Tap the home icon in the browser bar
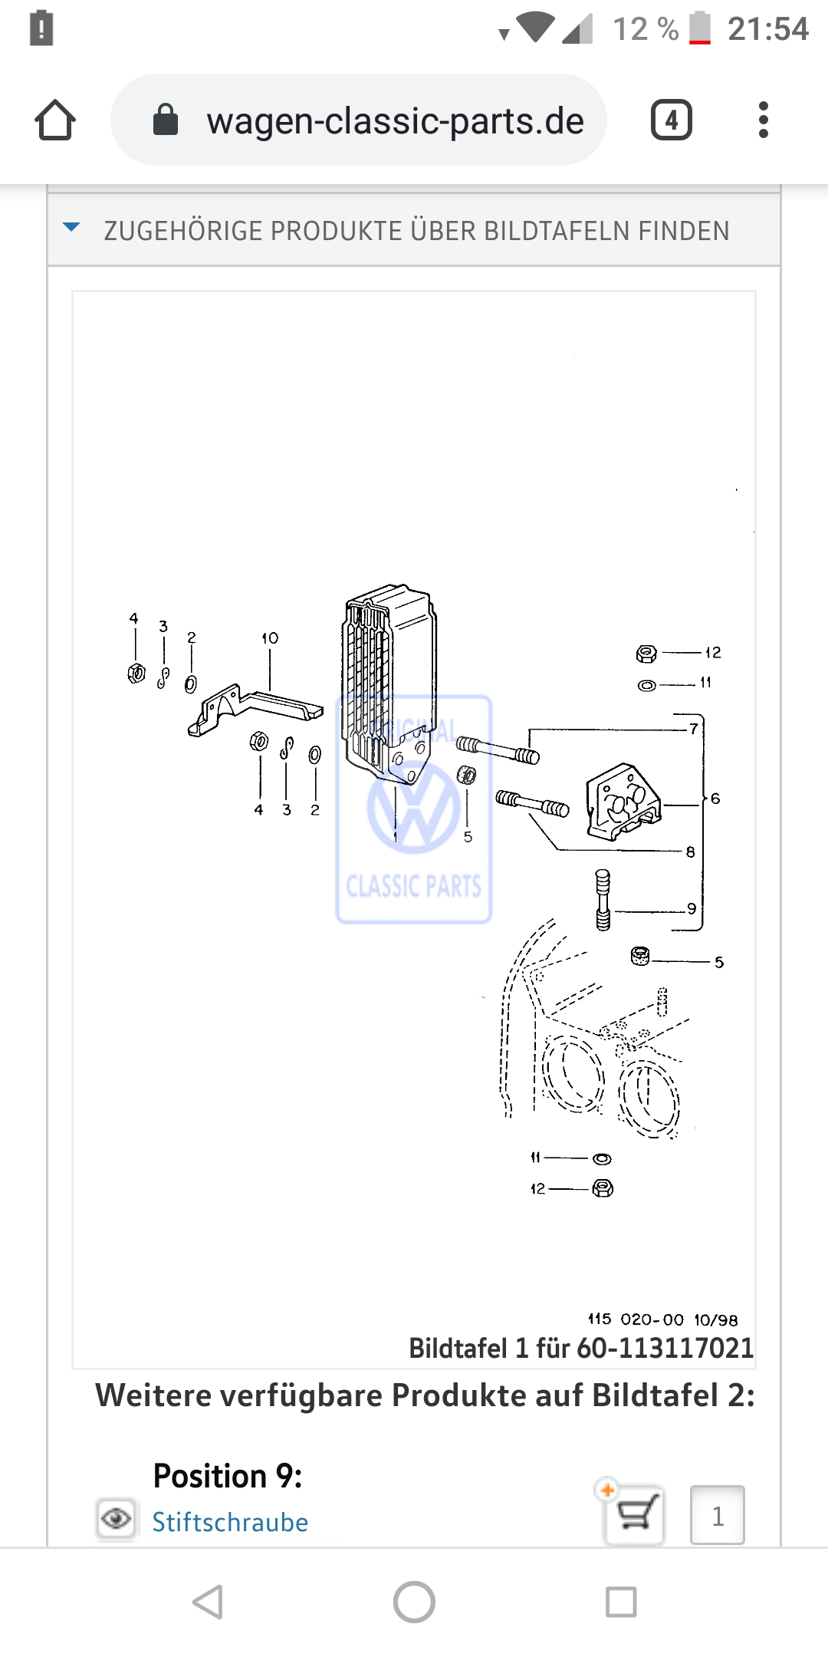pyautogui.click(x=55, y=120)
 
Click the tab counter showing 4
pyautogui.click(x=671, y=120)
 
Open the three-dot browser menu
pyautogui.click(x=763, y=120)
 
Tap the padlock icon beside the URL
pyautogui.click(x=166, y=120)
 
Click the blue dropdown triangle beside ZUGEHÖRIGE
pyautogui.click(x=71, y=227)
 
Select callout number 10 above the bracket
pyautogui.click(x=270, y=638)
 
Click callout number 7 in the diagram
pyautogui.click(x=694, y=728)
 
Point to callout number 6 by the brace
pyautogui.click(x=715, y=799)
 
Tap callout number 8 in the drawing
pyautogui.click(x=690, y=852)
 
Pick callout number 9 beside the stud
pyautogui.click(x=692, y=908)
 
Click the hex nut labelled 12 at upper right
pyautogui.click(x=646, y=654)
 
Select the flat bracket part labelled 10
pyautogui.click(x=253, y=709)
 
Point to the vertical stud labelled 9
pyautogui.click(x=603, y=899)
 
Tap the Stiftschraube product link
pyautogui.click(x=230, y=1522)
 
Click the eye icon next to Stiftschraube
pyautogui.click(x=117, y=1518)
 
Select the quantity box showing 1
pyautogui.click(x=718, y=1515)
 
